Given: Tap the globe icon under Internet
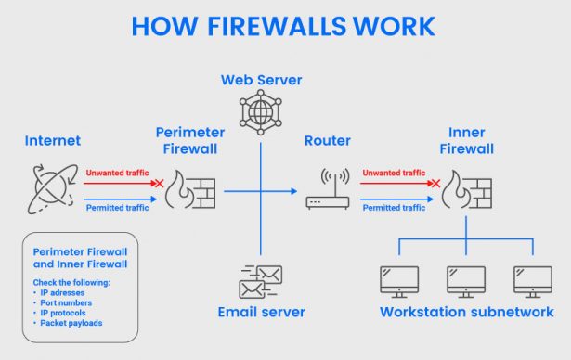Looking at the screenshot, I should pos(51,185).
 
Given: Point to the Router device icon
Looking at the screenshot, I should pos(327,189).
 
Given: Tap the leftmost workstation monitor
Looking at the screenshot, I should pos(399,281).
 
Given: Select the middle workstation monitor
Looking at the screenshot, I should pos(466,281).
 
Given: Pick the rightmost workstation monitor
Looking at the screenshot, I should pos(532,281).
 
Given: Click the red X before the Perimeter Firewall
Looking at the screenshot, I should pos(159,183).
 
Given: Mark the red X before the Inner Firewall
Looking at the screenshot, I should pos(433,183).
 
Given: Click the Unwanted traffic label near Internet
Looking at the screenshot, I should pos(117,173).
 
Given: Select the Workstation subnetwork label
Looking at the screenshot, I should pos(466,313).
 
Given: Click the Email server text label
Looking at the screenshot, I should pos(261,313).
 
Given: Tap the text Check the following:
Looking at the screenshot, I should pos(71,282).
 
